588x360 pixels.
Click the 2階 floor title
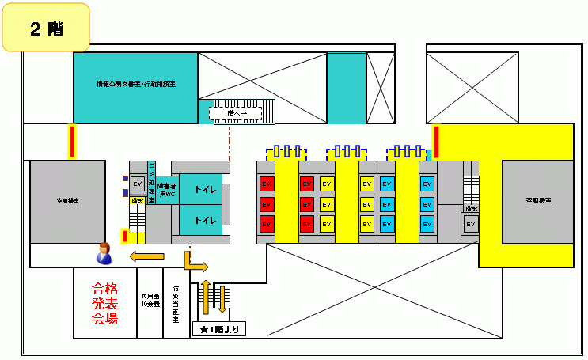pyautogui.click(x=47, y=28)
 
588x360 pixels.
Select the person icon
pyautogui.click(x=103, y=253)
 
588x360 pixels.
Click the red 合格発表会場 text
pyautogui.click(x=104, y=303)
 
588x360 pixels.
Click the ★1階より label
pyautogui.click(x=219, y=329)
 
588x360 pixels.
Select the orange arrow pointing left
pyautogui.click(x=147, y=256)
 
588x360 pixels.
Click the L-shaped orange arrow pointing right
pyautogui.click(x=193, y=263)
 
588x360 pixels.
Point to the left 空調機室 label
pyautogui.click(x=68, y=202)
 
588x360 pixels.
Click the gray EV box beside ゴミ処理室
pyautogui.click(x=136, y=185)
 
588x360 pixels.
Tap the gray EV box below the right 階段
pyautogui.click(x=470, y=224)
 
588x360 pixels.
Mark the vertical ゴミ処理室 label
pyautogui.click(x=150, y=181)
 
